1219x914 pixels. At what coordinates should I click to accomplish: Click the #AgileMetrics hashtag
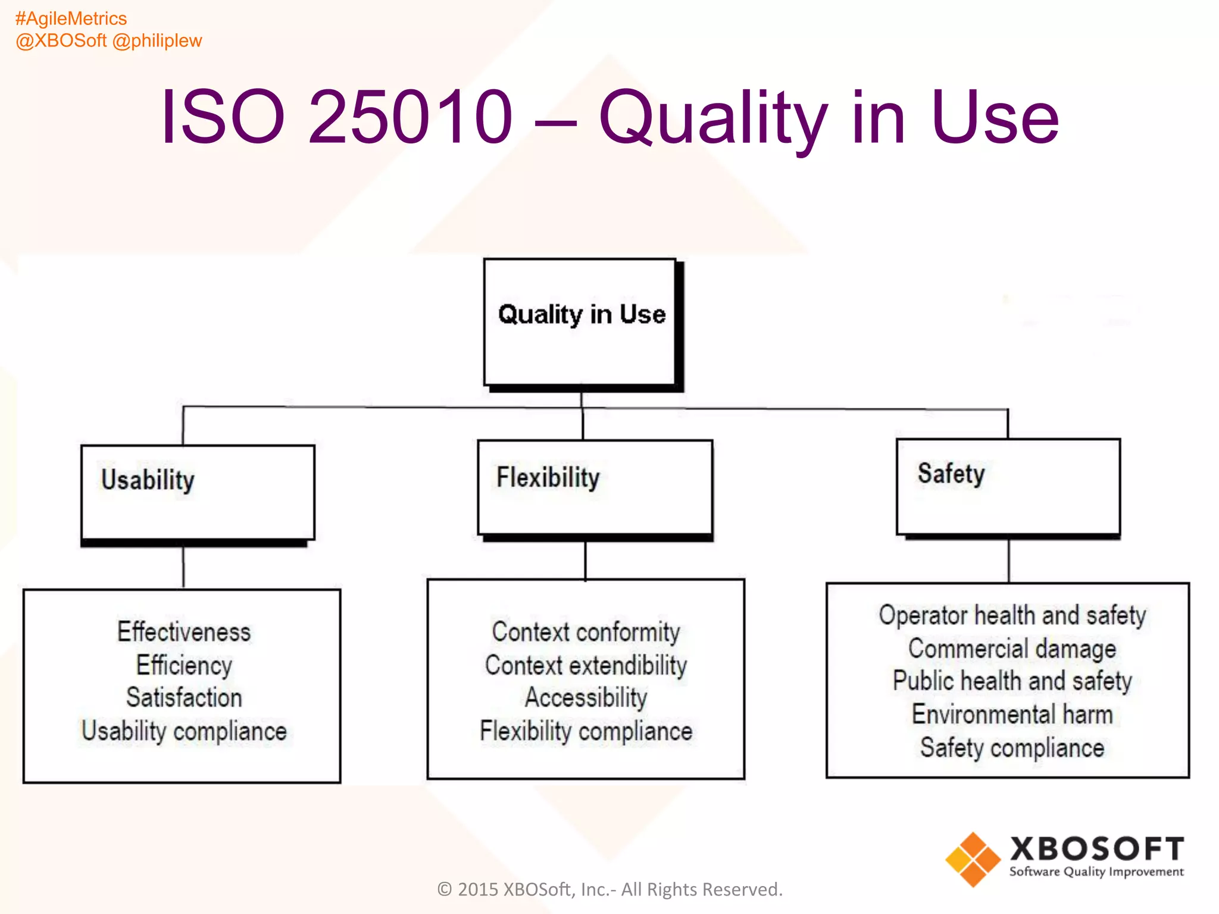tap(71, 18)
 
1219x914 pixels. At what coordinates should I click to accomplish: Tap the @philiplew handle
tap(157, 40)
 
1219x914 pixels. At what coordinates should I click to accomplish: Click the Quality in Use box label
tap(582, 314)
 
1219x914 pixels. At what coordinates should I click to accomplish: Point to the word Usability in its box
tap(148, 480)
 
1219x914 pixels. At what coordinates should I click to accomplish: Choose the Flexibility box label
tap(548, 477)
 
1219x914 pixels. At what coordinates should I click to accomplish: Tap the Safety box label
tap(951, 474)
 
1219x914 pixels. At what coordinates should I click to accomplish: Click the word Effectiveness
tap(184, 632)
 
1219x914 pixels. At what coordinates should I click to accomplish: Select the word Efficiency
tap(184, 665)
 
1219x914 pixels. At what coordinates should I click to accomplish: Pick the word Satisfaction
tap(184, 697)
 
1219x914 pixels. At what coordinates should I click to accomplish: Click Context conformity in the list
tap(586, 632)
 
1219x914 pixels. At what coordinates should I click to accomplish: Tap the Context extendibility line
tap(586, 665)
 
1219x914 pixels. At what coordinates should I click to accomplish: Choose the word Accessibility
tap(586, 697)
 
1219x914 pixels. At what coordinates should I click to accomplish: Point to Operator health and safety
tap(1012, 615)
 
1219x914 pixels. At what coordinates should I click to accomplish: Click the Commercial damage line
tap(1012, 649)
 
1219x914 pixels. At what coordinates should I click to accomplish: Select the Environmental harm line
tap(1012, 714)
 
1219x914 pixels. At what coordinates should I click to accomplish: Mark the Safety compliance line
tap(1012, 747)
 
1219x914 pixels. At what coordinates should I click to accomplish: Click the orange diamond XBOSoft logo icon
tap(973, 859)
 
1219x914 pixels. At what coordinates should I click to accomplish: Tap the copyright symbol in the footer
tap(445, 889)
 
